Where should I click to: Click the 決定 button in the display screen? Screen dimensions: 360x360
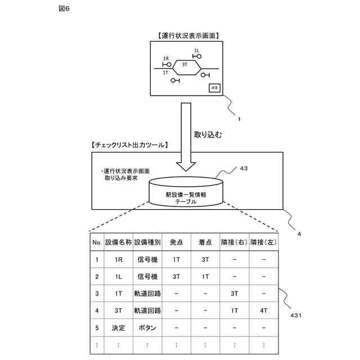tap(214, 87)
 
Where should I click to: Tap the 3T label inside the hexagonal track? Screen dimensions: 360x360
tap(184, 65)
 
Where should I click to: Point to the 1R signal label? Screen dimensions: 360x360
tap(165, 58)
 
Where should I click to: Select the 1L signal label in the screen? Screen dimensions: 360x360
tap(196, 51)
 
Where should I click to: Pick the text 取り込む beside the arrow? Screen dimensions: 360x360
tap(208, 134)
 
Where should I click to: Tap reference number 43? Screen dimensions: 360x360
tap(244, 168)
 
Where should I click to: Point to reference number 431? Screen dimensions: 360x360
tap(296, 316)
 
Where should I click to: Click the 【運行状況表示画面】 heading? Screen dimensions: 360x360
tap(185, 35)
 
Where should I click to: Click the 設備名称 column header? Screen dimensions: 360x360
tap(118, 242)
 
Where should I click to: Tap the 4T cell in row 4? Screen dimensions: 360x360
tap(263, 310)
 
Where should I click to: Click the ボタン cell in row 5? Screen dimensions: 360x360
tap(147, 327)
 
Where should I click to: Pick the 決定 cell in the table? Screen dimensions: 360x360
tap(118, 327)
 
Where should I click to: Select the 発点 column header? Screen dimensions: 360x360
tap(176, 242)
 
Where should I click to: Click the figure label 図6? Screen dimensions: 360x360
tap(64, 9)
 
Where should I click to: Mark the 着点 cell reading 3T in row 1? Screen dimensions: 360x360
tap(205, 260)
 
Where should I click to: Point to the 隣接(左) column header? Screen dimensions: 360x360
tap(264, 242)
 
